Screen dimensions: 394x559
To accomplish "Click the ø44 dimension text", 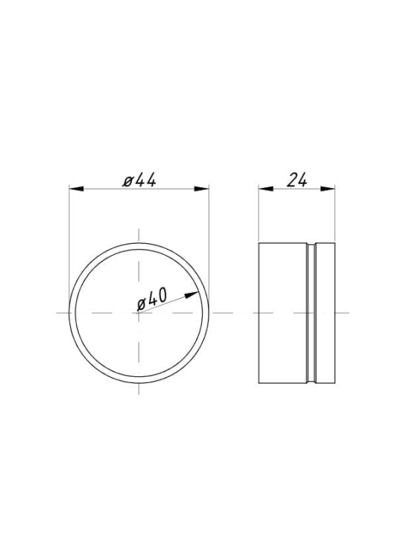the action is [139, 180].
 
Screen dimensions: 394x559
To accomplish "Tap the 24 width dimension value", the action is [296, 180].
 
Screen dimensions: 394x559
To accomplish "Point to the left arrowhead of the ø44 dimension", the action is [76, 189].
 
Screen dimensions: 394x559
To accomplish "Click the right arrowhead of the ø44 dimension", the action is [202, 189].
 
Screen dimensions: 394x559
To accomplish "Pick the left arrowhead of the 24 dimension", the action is [266, 189].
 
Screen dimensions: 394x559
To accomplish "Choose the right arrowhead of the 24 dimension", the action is [328, 189].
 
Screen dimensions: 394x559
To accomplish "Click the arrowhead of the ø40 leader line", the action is [192, 295].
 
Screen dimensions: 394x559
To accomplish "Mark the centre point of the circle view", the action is [139, 313].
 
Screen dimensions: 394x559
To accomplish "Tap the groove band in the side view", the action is [311, 313].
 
